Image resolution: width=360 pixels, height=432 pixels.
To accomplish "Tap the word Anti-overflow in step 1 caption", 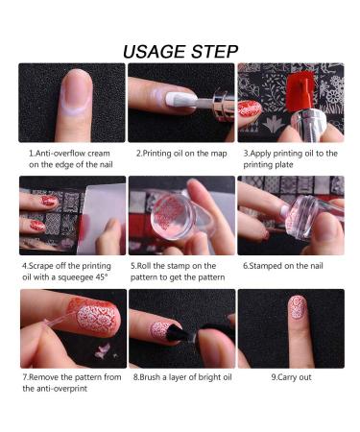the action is [60, 154].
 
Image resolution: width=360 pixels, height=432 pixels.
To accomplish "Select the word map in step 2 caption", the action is [219, 154].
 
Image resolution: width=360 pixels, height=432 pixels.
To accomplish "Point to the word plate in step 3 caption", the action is [283, 165].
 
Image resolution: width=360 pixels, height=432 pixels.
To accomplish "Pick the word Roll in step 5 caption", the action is [144, 266].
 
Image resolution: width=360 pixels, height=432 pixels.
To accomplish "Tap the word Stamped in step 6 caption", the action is [264, 266].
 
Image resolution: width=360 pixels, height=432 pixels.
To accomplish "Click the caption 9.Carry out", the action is [291, 377].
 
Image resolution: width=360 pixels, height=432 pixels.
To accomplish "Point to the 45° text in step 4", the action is [101, 277].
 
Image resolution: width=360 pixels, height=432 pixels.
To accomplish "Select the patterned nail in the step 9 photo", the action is [298, 307].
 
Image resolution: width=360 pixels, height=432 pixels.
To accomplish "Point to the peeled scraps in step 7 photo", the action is [103, 351].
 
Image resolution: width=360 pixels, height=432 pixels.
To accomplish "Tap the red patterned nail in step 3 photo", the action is [250, 108].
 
